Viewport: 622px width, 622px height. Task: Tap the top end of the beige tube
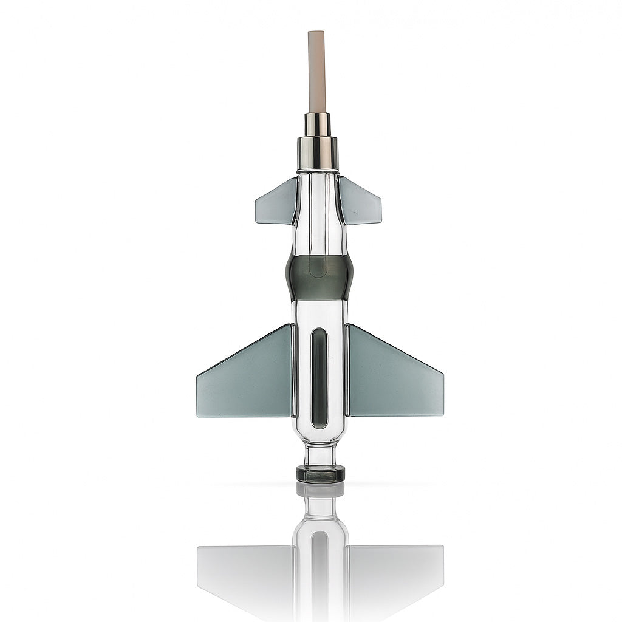[x=317, y=33]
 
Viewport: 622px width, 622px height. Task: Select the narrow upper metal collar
[x=318, y=125]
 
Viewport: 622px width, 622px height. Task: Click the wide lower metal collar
[x=318, y=153]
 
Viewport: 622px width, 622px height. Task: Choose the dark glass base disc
[x=320, y=474]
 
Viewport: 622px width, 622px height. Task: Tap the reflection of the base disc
[x=320, y=490]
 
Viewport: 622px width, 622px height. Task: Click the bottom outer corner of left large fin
[x=198, y=415]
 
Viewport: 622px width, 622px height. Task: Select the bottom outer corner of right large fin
[x=442, y=415]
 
